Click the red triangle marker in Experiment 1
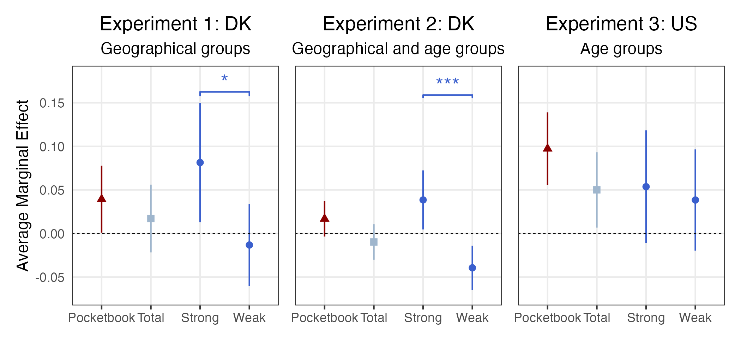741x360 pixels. pyautogui.click(x=102, y=198)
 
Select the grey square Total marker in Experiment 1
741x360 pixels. pyautogui.click(x=151, y=218)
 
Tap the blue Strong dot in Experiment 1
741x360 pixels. pyautogui.click(x=200, y=162)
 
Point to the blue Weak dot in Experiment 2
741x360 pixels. pyautogui.click(x=472, y=268)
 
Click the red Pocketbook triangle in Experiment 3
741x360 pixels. pyautogui.click(x=547, y=148)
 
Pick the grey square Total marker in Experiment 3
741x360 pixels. pyautogui.click(x=597, y=190)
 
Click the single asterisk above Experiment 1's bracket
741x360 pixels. pyautogui.click(x=224, y=79)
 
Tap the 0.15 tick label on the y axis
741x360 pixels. pyautogui.click(x=52, y=103)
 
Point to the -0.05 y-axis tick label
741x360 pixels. pyautogui.click(x=50, y=277)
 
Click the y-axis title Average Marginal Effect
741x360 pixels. pyautogui.click(x=23, y=185)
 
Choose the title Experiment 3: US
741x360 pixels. pyautogui.click(x=621, y=24)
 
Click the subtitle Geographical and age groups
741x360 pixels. pyautogui.click(x=398, y=49)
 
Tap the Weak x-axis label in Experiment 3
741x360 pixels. pyautogui.click(x=695, y=318)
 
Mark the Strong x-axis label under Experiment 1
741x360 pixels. pyautogui.click(x=200, y=318)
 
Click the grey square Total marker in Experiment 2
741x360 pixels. pyautogui.click(x=374, y=242)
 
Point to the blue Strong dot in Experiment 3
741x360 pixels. pyautogui.click(x=646, y=187)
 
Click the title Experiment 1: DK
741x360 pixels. pyautogui.click(x=175, y=24)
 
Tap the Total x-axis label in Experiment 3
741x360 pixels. pyautogui.click(x=597, y=318)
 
